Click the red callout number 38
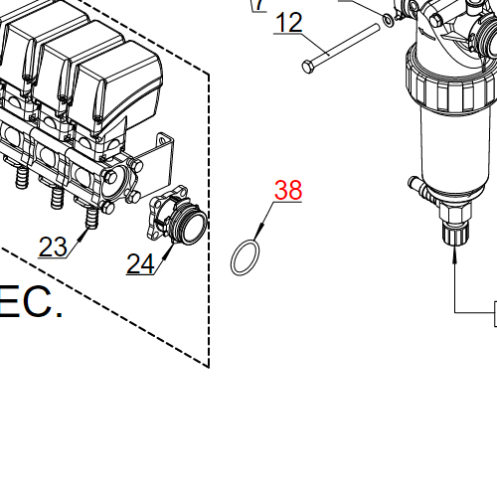288,190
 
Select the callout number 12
288,22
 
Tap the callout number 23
53,246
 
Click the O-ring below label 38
247,258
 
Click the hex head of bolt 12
308,67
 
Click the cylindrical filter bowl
452,149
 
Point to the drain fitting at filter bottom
454,235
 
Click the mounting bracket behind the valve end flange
159,159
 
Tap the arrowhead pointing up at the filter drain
454,254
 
